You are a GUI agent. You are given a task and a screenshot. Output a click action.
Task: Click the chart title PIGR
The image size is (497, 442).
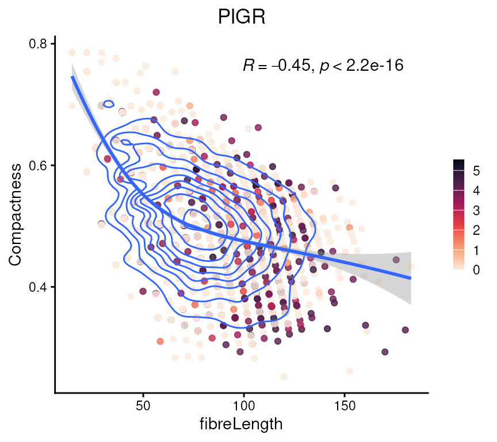(242, 18)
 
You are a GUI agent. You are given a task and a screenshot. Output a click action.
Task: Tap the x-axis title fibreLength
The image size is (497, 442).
(242, 425)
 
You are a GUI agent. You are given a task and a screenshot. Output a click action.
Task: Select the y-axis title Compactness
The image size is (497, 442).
(16, 215)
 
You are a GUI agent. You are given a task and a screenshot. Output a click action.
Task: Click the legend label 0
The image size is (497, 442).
(476, 269)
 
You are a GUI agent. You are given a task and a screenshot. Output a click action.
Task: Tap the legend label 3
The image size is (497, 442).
(476, 211)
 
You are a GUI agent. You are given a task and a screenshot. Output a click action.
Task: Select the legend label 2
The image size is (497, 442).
(476, 230)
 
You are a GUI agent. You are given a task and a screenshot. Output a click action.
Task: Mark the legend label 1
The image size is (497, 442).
(476, 250)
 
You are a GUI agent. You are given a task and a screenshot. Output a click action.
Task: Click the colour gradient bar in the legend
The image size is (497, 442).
(459, 215)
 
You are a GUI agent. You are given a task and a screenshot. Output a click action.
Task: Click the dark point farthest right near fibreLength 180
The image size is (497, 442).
(405, 330)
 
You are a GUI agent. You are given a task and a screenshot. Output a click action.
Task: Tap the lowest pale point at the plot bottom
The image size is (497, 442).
(284, 377)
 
